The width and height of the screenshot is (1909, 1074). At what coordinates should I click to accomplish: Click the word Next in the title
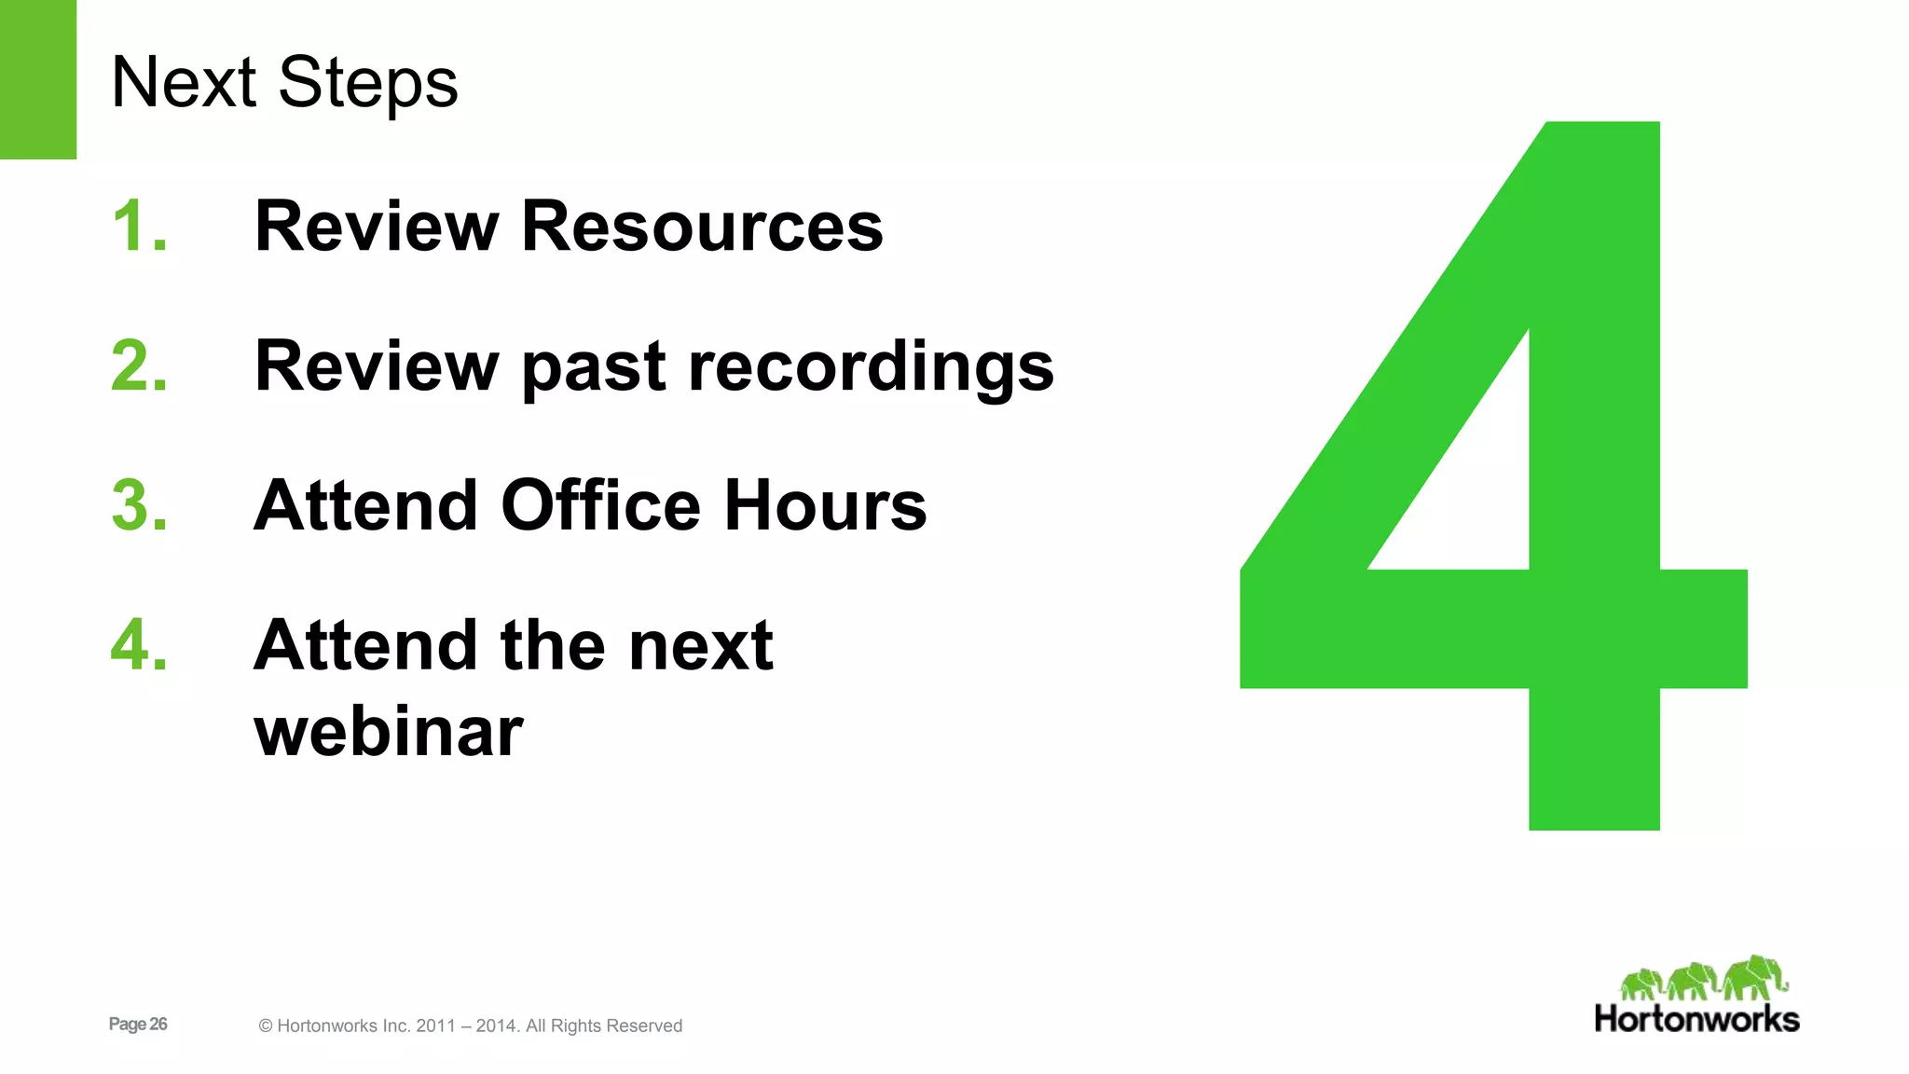point(183,82)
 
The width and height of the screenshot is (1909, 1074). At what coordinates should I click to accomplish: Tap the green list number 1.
point(137,226)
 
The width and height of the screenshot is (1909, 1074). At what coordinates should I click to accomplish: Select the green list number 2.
point(139,365)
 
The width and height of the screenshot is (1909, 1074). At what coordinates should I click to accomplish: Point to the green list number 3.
point(139,505)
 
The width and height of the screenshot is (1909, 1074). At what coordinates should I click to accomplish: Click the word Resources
point(702,226)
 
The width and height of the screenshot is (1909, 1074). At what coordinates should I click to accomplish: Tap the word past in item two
point(594,367)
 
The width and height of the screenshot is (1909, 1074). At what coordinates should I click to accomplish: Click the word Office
point(600,505)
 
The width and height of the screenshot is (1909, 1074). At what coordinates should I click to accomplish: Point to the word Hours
point(825,505)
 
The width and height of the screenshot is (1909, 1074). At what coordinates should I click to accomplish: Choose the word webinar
point(388,732)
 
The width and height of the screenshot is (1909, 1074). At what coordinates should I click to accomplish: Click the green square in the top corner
point(37,79)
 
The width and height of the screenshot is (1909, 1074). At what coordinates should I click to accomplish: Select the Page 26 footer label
point(138,1024)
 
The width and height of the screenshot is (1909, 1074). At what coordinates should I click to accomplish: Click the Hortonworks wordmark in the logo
point(1696,1019)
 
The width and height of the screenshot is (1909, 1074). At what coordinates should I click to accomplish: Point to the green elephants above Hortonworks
point(1704,978)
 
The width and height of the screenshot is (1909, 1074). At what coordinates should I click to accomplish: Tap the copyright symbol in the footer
point(266,1026)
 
